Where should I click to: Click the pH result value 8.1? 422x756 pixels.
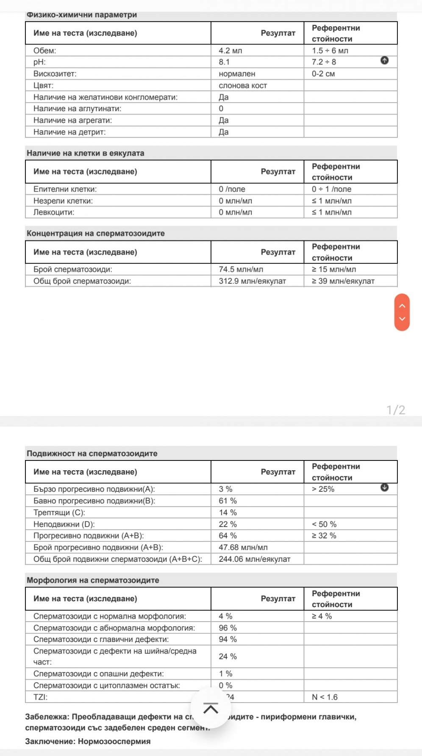[224, 62]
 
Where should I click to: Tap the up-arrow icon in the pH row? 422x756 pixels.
[384, 61]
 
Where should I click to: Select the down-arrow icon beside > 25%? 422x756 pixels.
[384, 488]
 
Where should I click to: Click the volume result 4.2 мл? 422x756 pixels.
[230, 50]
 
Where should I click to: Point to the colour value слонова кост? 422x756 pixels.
[243, 85]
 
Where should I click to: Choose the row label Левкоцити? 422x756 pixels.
[54, 212]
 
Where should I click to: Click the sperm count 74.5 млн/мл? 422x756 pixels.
[241, 269]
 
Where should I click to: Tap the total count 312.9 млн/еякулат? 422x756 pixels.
[252, 281]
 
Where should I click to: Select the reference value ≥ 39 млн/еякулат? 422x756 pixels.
[343, 281]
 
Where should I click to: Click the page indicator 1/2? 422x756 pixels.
[396, 410]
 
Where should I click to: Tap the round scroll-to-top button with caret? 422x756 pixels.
[211, 708]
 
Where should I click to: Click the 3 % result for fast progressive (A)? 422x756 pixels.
[225, 489]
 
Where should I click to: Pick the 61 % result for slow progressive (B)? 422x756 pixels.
[228, 501]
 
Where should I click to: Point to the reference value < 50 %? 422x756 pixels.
[324, 524]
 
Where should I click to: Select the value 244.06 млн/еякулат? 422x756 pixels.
[254, 559]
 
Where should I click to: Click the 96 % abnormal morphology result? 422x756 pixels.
[228, 628]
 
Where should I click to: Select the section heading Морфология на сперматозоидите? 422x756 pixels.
[93, 580]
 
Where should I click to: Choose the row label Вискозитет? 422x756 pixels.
[55, 74]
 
